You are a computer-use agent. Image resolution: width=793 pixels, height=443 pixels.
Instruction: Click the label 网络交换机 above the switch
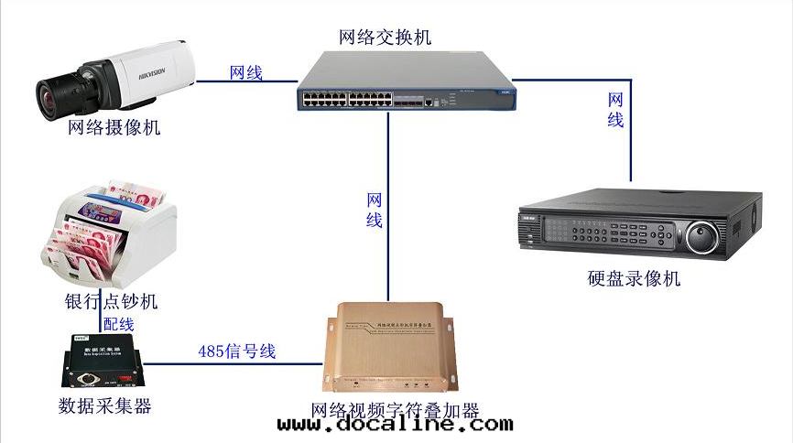pyautogui.click(x=385, y=38)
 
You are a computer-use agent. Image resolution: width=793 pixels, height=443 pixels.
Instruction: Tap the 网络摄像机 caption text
pyautogui.click(x=114, y=127)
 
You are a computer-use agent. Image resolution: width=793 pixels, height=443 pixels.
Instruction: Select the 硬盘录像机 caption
pyautogui.click(x=635, y=278)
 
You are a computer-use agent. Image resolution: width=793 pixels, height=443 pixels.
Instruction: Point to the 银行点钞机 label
pyautogui.click(x=111, y=301)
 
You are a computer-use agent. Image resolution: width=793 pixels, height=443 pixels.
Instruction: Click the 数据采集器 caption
pyautogui.click(x=104, y=405)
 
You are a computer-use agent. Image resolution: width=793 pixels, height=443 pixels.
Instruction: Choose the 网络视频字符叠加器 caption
pyautogui.click(x=395, y=410)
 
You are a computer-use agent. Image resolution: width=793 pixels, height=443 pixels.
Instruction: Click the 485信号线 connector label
pyautogui.click(x=236, y=351)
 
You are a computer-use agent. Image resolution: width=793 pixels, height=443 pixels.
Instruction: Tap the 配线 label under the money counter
pyautogui.click(x=118, y=323)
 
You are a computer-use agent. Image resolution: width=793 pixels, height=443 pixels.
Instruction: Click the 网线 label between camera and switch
pyautogui.click(x=246, y=72)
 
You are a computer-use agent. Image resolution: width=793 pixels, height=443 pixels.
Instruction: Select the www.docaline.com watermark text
pyautogui.click(x=395, y=425)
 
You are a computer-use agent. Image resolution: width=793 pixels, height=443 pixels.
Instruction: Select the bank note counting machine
pyautogui.click(x=111, y=234)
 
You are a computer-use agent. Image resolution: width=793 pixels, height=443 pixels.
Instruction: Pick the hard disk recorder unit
pyautogui.click(x=638, y=222)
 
